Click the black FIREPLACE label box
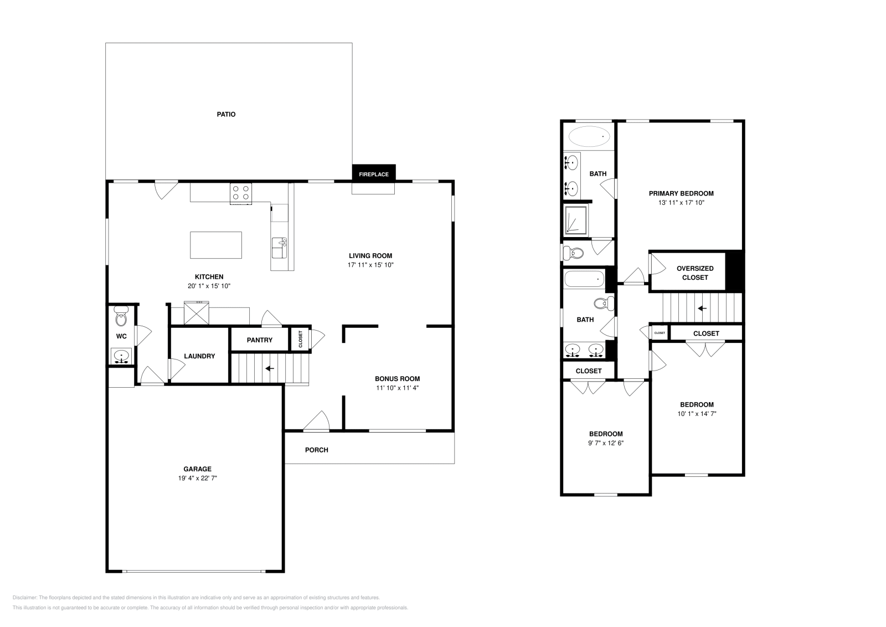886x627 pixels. click(374, 173)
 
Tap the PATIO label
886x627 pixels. click(226, 114)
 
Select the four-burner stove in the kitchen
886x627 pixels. click(241, 193)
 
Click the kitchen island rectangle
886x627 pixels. click(216, 245)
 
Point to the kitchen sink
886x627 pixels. click(279, 248)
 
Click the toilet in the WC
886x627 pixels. click(121, 316)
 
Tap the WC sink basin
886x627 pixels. click(121, 356)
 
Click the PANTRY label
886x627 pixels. click(260, 340)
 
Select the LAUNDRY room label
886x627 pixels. click(199, 356)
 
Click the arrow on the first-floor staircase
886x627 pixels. click(270, 369)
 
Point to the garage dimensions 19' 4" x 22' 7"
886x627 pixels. click(197, 478)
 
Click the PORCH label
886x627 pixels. click(316, 450)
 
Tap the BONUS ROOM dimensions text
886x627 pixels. click(397, 388)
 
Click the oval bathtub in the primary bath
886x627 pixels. click(589, 136)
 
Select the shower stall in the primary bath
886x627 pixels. click(576, 220)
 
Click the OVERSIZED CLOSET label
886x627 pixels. click(695, 273)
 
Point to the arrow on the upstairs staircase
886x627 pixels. click(702, 308)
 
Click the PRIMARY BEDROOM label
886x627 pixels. click(681, 193)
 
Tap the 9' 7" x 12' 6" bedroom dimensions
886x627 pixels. click(606, 443)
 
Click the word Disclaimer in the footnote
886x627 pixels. click(25, 598)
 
